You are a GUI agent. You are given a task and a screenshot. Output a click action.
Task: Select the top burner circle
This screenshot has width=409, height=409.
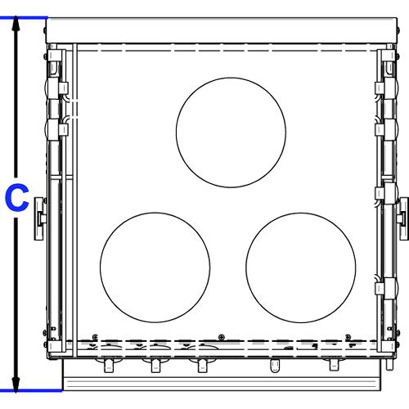click(x=231, y=128)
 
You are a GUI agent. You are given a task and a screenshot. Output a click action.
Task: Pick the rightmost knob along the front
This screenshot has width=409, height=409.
click(x=332, y=365)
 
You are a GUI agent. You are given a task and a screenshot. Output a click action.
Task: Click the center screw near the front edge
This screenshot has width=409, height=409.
click(x=222, y=335)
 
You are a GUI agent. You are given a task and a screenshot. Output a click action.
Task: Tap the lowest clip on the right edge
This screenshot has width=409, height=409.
click(x=380, y=285)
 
